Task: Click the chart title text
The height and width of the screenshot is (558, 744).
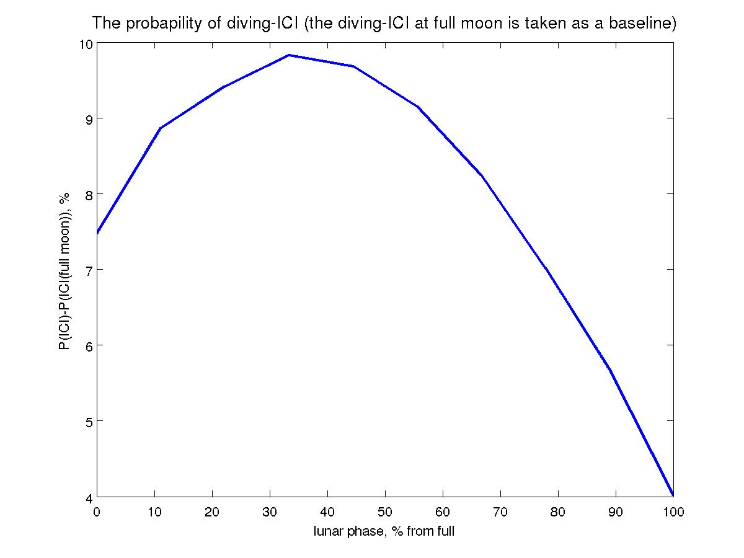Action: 384,24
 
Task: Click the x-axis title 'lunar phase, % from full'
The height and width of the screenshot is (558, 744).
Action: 384,531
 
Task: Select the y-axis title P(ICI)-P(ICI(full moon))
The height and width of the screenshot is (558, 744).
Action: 64,270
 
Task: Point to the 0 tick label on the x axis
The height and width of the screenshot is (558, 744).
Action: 97,512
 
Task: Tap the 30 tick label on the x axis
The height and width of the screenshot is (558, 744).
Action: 270,512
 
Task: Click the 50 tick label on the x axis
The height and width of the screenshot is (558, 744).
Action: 385,512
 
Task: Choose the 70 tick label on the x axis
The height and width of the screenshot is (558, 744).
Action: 500,512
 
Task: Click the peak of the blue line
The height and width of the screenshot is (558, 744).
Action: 289,55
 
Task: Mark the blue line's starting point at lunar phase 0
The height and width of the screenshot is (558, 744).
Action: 98,233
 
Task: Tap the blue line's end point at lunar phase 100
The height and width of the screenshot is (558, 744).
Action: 673,495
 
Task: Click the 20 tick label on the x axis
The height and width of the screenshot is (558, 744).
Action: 212,512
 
